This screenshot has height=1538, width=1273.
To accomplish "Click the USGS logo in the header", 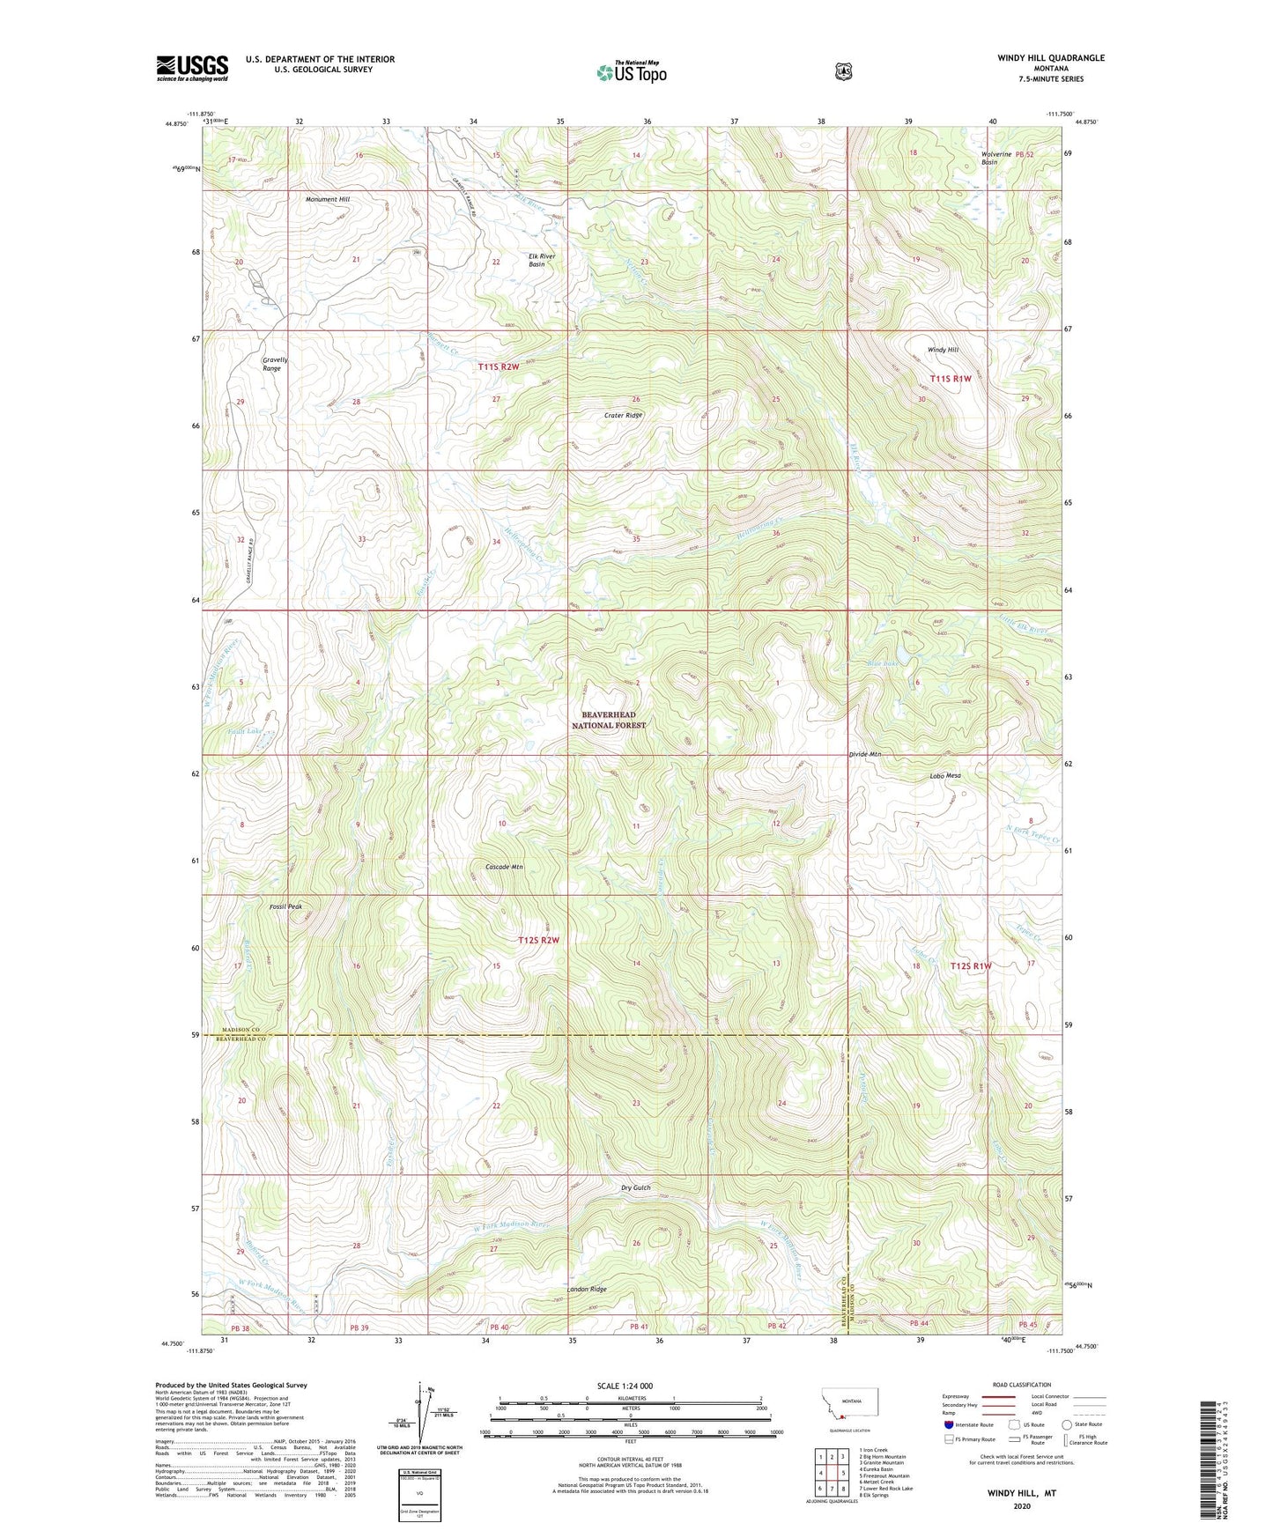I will pyautogui.click(x=192, y=68).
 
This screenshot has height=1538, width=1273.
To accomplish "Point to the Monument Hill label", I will pyautogui.click(x=328, y=200).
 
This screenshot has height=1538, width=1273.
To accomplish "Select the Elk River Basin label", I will pyautogui.click(x=537, y=260).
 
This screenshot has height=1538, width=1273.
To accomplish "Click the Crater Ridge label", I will pyautogui.click(x=623, y=415).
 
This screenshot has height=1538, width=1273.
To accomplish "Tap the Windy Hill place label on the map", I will pyautogui.click(x=943, y=350).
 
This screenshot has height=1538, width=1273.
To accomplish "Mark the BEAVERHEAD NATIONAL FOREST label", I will pyautogui.click(x=609, y=720).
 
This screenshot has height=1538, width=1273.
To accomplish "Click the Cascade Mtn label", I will pyautogui.click(x=504, y=867).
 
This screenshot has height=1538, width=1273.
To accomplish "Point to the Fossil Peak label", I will pyautogui.click(x=285, y=906).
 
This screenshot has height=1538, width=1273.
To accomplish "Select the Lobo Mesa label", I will pyautogui.click(x=944, y=776).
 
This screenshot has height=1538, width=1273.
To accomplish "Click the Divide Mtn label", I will pyautogui.click(x=865, y=755).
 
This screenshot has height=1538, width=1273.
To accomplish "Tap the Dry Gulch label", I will pyautogui.click(x=635, y=1187).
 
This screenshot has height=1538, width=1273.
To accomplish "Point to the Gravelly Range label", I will pyautogui.click(x=275, y=364).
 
